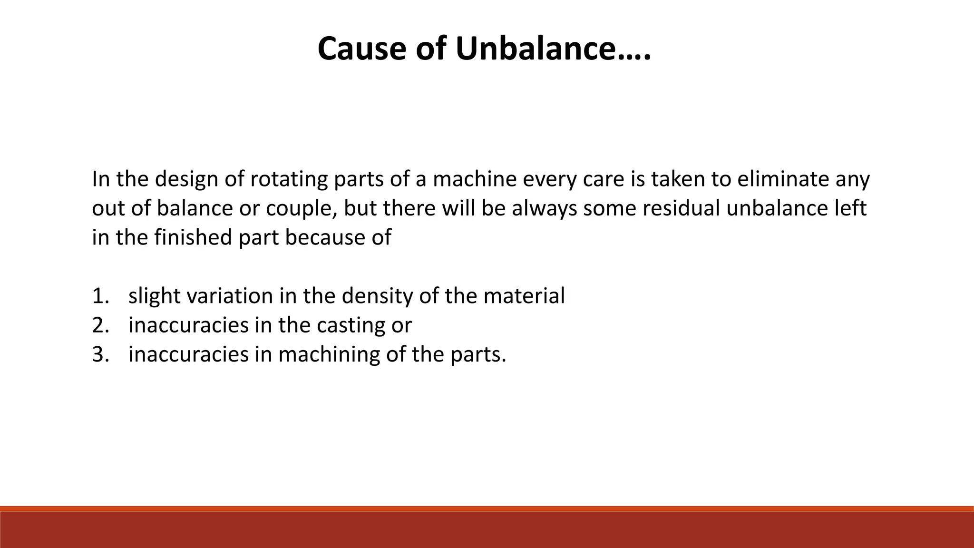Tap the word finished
pyautogui.click(x=193, y=237)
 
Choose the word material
pyautogui.click(x=524, y=296)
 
